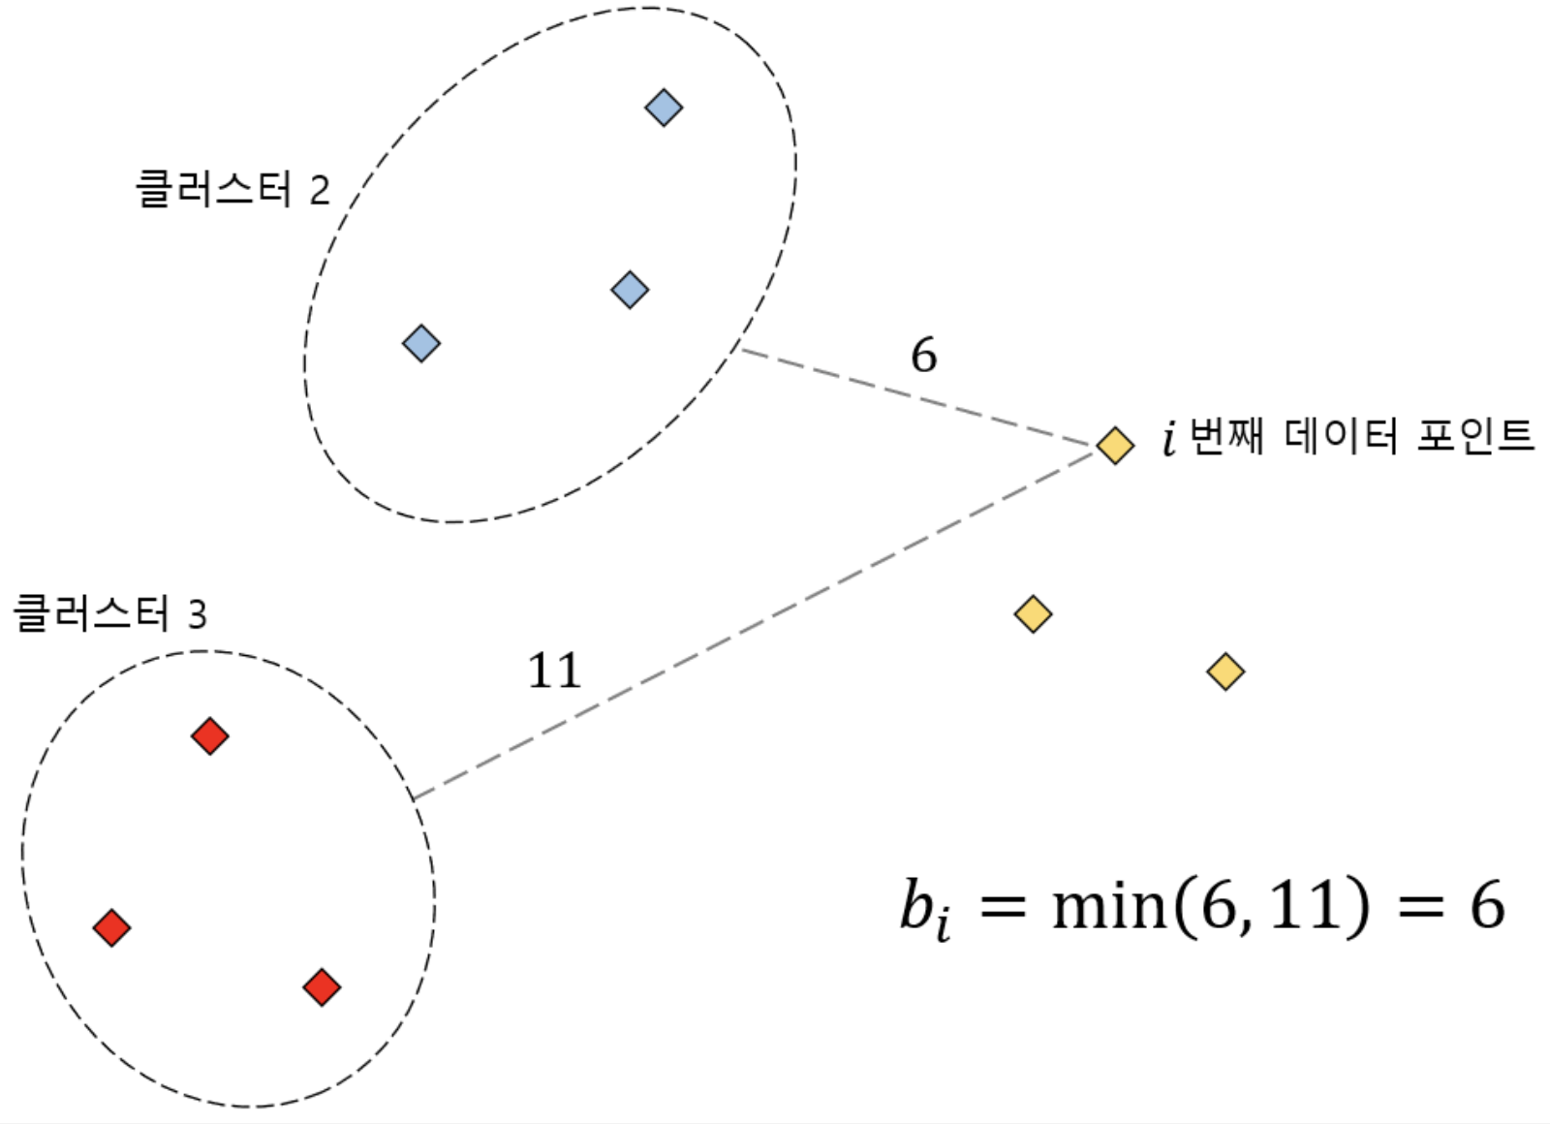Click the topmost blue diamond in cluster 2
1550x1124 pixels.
(x=664, y=108)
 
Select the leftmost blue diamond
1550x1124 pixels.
(x=421, y=343)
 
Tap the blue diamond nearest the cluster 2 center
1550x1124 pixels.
(x=630, y=289)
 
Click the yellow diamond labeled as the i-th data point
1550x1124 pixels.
(x=1115, y=446)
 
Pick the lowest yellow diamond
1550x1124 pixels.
(x=1225, y=671)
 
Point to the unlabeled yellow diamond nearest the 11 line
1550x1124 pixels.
(x=1033, y=614)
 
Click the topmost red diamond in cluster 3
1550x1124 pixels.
(x=209, y=736)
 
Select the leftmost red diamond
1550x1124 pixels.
(x=111, y=927)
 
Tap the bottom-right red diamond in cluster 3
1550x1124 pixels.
(x=322, y=987)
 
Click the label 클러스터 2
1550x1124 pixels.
(x=232, y=189)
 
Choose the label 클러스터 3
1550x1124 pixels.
(x=109, y=613)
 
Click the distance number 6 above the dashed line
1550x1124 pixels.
(x=923, y=356)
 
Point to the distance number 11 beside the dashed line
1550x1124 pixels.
(x=554, y=671)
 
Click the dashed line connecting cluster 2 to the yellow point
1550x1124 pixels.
(x=915, y=397)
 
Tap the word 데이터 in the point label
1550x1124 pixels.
(x=1341, y=437)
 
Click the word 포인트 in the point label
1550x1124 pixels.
(x=1474, y=437)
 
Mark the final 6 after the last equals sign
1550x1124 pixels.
(x=1486, y=907)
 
